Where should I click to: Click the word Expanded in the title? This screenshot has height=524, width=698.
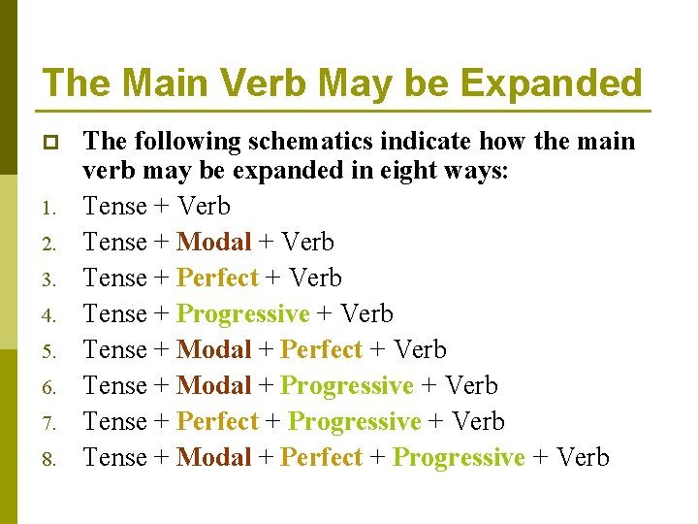click(551, 82)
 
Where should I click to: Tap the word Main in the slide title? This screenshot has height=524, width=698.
click(156, 82)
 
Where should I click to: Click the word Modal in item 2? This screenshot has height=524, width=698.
click(214, 242)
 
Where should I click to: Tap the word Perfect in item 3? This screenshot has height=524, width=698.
click(218, 278)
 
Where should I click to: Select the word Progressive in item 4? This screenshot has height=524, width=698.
click(243, 313)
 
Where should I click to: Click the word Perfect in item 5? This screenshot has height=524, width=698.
click(321, 349)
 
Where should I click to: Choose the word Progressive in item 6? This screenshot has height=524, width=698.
click(347, 385)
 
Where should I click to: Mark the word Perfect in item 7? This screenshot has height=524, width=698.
click(218, 421)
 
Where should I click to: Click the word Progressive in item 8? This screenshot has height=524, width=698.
click(459, 457)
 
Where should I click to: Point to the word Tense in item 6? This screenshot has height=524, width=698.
click(115, 385)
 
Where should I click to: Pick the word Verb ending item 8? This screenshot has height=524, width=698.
click(583, 457)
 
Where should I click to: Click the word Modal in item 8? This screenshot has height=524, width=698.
click(214, 457)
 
